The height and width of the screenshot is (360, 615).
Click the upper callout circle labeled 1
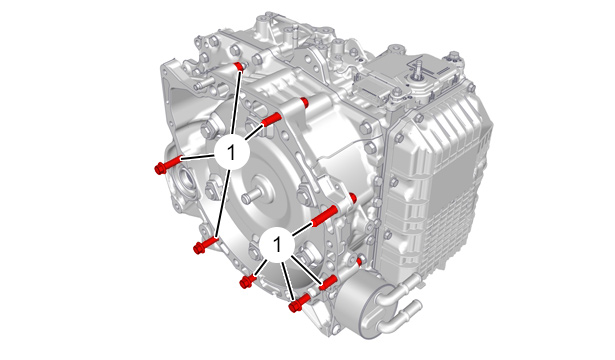coord(232,152)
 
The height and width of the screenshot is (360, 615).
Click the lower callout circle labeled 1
coord(277,244)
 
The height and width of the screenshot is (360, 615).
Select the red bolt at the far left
coord(167,165)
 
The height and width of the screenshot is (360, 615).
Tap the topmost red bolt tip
coord(238,66)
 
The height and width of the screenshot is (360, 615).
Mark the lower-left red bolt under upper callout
coord(206,244)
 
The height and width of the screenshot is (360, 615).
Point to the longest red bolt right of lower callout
coord(324,216)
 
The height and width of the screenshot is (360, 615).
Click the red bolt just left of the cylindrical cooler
coord(328,283)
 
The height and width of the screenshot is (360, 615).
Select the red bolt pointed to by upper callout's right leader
coord(271,119)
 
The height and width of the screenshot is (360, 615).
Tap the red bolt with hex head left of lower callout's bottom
coord(248,281)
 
